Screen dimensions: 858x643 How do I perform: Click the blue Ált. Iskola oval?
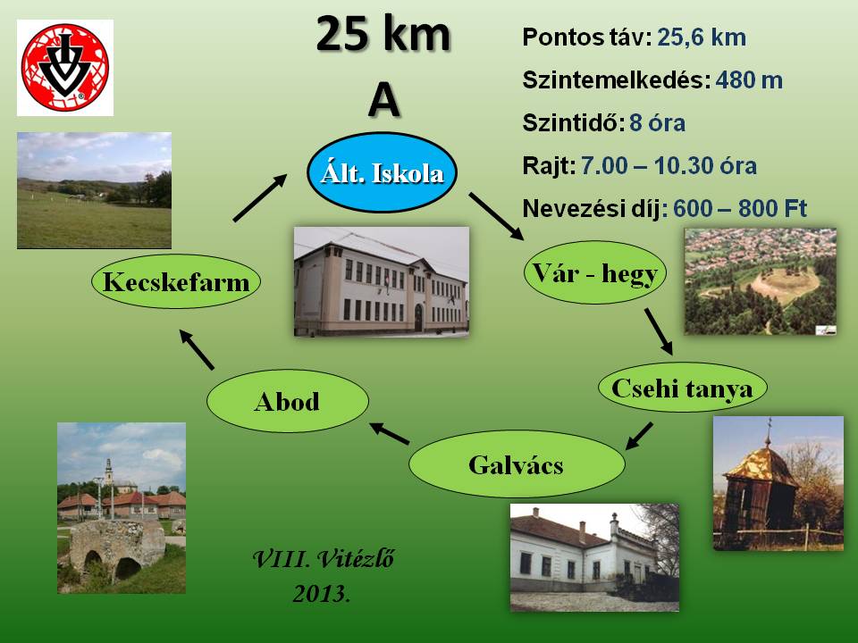coord(382,172)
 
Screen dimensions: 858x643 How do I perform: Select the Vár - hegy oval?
coord(595,272)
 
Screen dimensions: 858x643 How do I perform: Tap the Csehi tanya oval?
coord(682,387)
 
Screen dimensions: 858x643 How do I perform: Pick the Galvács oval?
coord(517,464)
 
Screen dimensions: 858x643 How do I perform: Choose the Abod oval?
coord(287,401)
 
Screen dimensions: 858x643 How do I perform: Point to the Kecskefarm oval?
coord(176,281)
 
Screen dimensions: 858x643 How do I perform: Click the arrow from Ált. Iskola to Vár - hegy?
coord(496,216)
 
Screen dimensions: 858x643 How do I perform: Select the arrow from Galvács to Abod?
coord(389,434)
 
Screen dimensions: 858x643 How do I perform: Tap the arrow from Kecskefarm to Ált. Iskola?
coord(260,197)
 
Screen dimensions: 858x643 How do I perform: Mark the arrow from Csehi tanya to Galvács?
coord(638,437)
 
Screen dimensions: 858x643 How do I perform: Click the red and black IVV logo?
coord(65,68)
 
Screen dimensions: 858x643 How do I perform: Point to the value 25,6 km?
coord(702,38)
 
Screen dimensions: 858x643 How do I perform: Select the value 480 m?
coord(749,80)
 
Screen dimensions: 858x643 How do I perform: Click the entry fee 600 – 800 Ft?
coord(740,208)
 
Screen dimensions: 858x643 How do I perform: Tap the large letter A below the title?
coord(383,101)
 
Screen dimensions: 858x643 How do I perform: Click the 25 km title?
coord(383,34)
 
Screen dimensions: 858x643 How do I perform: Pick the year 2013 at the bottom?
coord(321,594)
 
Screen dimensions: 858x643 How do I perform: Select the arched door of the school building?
coord(418,318)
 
